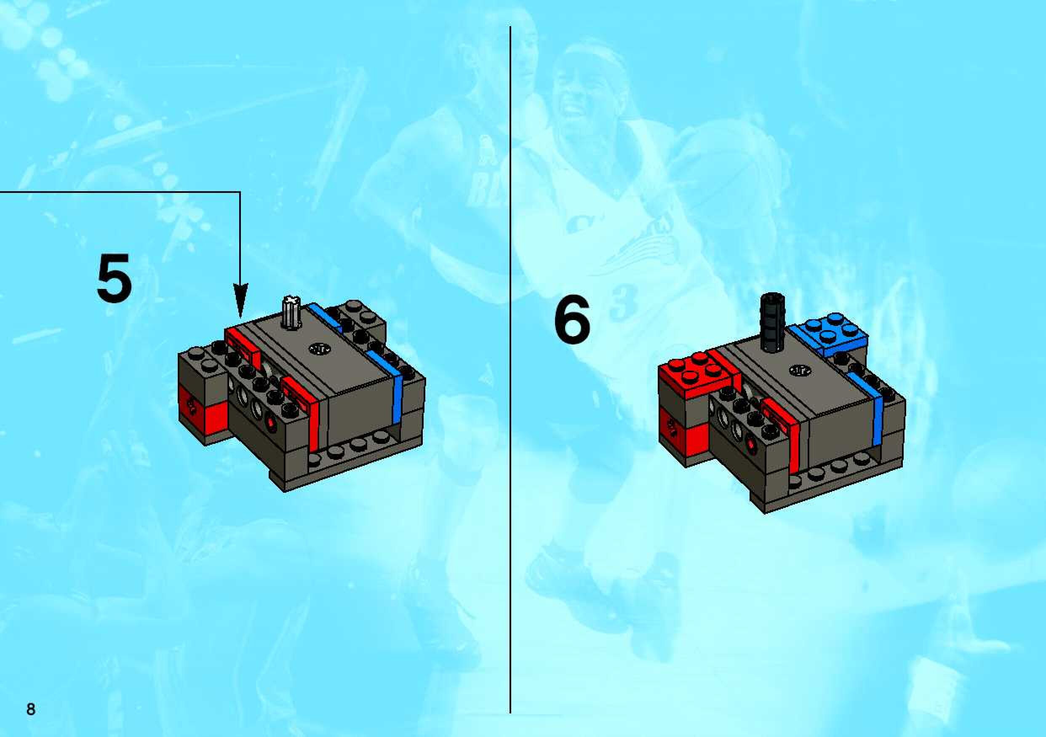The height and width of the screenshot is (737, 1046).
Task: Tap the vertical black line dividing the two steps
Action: click(510, 369)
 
